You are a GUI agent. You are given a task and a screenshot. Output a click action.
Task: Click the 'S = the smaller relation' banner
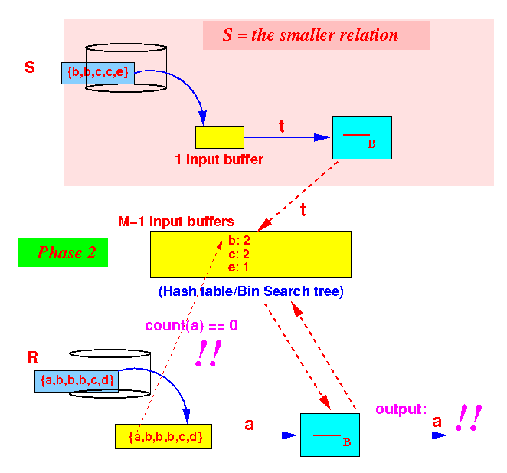point(316,35)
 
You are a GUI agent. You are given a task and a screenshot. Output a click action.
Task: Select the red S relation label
point(30,67)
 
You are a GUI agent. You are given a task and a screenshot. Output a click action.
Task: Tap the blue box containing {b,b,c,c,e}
point(98,73)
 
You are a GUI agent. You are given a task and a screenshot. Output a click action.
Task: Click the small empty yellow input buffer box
point(220,137)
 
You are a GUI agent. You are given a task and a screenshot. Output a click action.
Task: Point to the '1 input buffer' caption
point(219,159)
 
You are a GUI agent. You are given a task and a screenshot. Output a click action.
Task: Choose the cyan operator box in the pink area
point(362,137)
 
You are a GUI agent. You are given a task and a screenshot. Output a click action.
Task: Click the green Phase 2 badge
point(63,252)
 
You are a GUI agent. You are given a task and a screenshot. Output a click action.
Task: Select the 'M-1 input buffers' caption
point(176,222)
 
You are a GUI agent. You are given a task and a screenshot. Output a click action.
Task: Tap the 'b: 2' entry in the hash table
point(239,240)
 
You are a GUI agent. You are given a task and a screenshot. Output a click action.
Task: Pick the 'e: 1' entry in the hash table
point(238,268)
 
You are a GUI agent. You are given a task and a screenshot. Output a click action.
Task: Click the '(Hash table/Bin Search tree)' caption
point(251,291)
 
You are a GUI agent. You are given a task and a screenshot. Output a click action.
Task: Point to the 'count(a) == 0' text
point(191,325)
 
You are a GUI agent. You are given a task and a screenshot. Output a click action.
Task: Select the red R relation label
point(33,357)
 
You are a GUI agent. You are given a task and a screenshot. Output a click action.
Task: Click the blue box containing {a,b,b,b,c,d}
point(77,381)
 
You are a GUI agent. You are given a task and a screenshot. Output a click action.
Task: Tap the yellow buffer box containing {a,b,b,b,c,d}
point(163,436)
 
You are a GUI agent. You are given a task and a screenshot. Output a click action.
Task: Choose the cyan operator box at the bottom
point(330,435)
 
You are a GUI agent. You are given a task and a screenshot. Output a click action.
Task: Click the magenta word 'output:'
point(401,409)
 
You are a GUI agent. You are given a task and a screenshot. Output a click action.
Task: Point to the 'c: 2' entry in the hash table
point(239,254)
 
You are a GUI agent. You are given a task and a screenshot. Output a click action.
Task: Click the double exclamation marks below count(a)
point(208,353)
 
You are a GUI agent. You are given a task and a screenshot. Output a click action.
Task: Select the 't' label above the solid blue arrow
point(281,126)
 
